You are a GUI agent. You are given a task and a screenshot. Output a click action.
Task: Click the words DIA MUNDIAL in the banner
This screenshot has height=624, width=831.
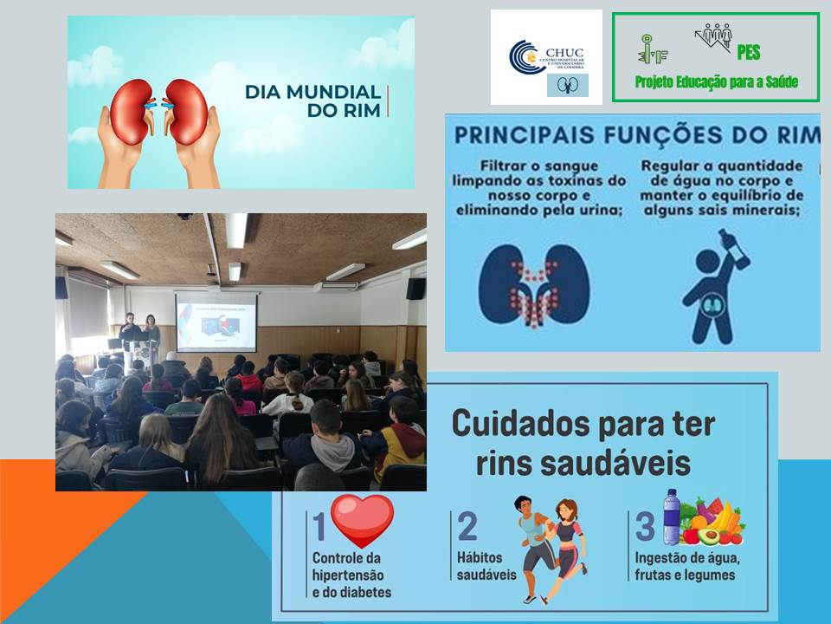click(x=313, y=92)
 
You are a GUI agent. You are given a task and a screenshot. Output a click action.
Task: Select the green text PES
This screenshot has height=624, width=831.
click(x=749, y=53)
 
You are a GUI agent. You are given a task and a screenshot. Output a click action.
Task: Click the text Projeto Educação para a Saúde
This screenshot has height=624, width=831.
click(x=716, y=82)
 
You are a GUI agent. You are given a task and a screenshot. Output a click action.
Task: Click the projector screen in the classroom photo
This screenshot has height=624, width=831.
click(x=216, y=321)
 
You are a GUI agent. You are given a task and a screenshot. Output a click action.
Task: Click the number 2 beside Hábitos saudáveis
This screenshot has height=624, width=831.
click(x=467, y=527)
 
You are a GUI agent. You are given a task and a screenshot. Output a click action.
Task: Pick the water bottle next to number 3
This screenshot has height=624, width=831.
click(x=671, y=517)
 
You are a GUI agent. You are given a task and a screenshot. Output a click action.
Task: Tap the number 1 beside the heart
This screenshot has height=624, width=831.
click(x=319, y=527)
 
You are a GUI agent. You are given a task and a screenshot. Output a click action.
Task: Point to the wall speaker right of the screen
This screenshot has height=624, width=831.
click(x=415, y=288)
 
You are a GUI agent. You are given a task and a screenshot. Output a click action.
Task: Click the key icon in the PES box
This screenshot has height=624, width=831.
click(x=649, y=49)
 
